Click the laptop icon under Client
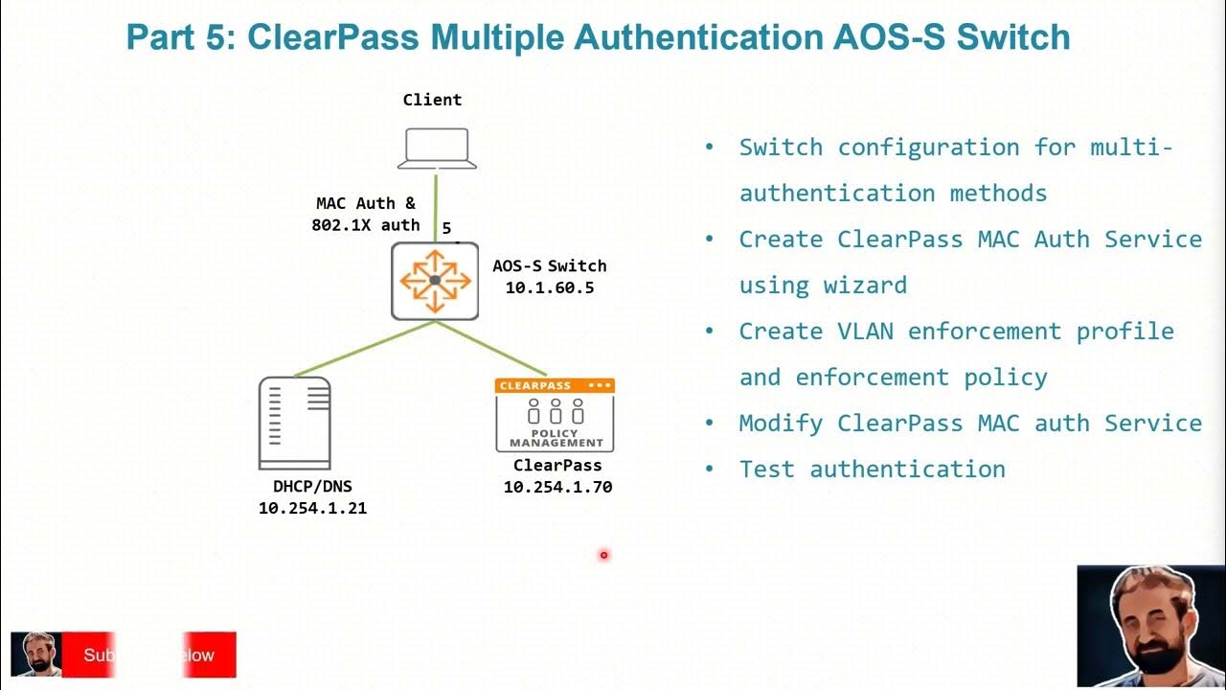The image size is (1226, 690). click(437, 150)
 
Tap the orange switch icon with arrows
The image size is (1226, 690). click(435, 280)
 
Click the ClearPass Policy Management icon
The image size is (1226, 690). click(555, 415)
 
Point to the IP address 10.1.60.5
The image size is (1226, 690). click(550, 287)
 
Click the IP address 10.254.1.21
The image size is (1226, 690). click(312, 508)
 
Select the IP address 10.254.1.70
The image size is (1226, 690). click(557, 487)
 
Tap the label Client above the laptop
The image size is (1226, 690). click(432, 100)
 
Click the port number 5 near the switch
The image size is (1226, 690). click(446, 229)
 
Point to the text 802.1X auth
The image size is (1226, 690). click(365, 224)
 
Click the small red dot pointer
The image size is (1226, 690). click(604, 555)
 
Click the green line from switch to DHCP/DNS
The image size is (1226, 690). click(364, 349)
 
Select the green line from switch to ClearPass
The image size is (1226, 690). click(490, 349)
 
